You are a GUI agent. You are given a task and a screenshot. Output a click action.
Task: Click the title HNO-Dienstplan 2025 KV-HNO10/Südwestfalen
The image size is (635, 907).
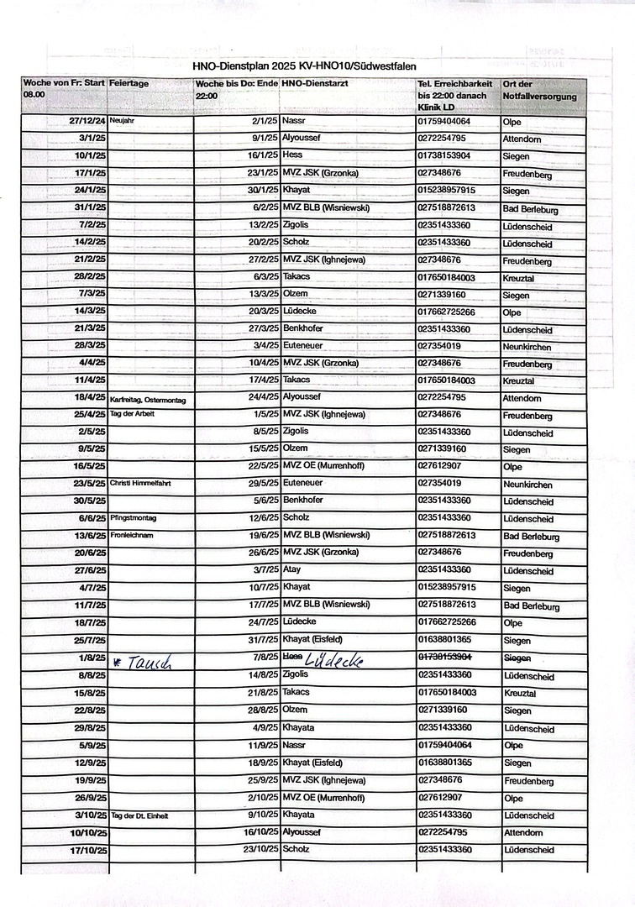[303, 66]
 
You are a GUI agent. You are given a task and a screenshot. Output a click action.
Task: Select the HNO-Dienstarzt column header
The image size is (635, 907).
[315, 84]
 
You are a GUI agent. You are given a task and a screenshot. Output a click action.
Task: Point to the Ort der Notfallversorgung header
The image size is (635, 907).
[539, 91]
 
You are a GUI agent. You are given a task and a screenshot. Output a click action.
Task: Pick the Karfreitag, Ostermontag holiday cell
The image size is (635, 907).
[148, 399]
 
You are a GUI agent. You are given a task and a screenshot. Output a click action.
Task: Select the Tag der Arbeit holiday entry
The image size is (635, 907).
[133, 415]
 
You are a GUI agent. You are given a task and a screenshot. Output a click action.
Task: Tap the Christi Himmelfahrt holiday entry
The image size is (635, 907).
[140, 484]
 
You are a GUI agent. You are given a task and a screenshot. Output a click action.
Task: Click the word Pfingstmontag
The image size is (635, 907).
[134, 518]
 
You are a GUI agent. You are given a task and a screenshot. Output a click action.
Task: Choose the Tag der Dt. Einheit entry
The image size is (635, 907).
[140, 815]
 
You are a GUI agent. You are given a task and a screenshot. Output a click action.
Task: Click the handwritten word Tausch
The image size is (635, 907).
[147, 661]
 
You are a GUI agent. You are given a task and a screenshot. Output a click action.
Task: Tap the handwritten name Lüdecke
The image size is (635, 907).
[334, 660]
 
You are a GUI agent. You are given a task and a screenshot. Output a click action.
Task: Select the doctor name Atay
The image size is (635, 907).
[292, 569]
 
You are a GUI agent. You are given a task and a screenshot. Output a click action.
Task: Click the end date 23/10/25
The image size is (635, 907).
[260, 849]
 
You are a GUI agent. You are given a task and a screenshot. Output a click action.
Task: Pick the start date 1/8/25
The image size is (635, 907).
[92, 658]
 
